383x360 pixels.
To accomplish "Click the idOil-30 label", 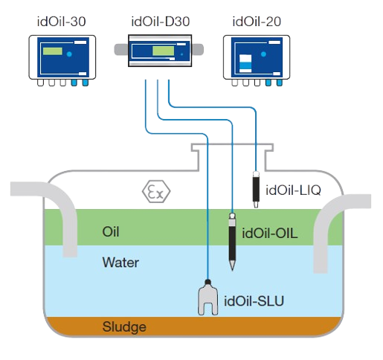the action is pyautogui.click(x=61, y=22).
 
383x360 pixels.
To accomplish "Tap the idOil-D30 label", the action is pyautogui.click(x=161, y=22).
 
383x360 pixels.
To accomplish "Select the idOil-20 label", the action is pyautogui.click(x=257, y=22).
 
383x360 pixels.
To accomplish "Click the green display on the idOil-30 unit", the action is pyautogui.click(x=53, y=51).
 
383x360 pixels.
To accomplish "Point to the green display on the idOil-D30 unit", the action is pyautogui.click(x=163, y=51).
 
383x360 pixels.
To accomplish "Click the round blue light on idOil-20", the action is pyautogui.click(x=263, y=54).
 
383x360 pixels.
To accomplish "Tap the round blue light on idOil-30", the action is pyautogui.click(x=69, y=54).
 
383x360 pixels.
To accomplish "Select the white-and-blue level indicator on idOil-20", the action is pyautogui.click(x=245, y=63).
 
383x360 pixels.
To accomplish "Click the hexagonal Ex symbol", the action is pyautogui.click(x=156, y=191).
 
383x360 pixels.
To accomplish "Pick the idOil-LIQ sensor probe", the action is pyautogui.click(x=256, y=189).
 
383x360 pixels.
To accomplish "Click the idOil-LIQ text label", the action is pyautogui.click(x=293, y=190).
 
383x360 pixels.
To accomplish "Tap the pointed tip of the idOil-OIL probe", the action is pyautogui.click(x=232, y=270).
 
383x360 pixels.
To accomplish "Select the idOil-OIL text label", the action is pyautogui.click(x=270, y=234).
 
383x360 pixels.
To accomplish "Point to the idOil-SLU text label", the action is pyautogui.click(x=254, y=301).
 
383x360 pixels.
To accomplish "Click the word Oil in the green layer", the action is pyautogui.click(x=111, y=232).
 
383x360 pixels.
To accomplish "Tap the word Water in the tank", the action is pyautogui.click(x=120, y=263).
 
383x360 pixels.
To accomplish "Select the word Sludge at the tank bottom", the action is pyautogui.click(x=124, y=327).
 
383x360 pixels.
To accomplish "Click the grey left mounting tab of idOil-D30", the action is pyautogui.click(x=121, y=49).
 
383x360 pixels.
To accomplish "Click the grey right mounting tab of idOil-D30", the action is pyautogui.click(x=198, y=49).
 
